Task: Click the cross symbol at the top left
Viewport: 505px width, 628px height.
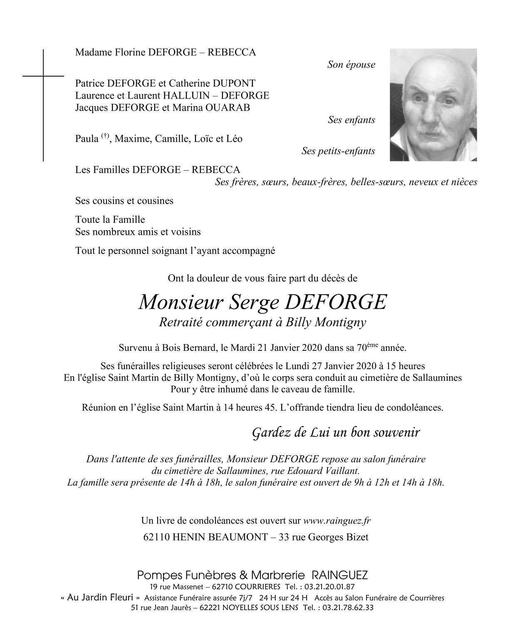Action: pos(43,77)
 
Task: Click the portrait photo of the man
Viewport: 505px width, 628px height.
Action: pos(433,105)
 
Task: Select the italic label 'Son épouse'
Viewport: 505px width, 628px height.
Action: pos(351,65)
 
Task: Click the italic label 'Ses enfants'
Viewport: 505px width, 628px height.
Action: pos(351,120)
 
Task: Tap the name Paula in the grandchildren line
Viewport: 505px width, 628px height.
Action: pos(87,139)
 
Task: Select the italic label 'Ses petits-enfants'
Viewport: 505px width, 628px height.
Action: pos(338,151)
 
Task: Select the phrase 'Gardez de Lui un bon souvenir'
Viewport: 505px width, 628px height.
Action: pos(336,433)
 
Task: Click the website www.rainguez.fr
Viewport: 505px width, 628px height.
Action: pos(337,521)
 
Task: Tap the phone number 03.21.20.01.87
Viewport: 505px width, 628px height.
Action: pos(329,587)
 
